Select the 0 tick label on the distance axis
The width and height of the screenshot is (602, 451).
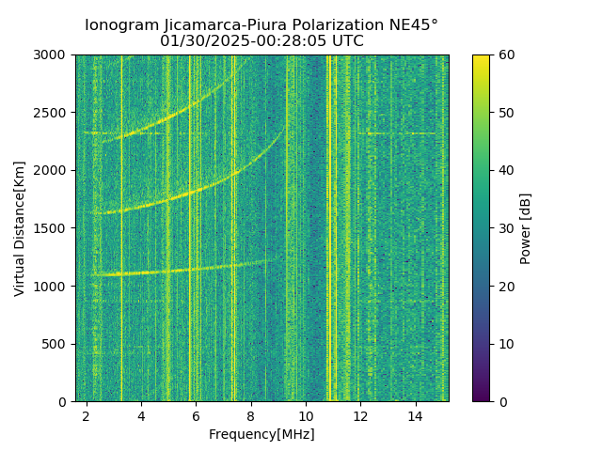point(66,401)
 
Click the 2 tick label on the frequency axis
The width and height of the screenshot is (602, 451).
point(87,415)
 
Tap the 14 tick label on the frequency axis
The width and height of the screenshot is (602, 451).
point(415,415)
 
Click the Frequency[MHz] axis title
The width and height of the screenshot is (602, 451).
point(261,434)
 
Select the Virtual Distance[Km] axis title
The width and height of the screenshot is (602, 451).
point(20,228)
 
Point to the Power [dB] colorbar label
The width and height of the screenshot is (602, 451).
point(526,228)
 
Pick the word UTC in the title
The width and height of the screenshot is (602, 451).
point(345,41)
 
